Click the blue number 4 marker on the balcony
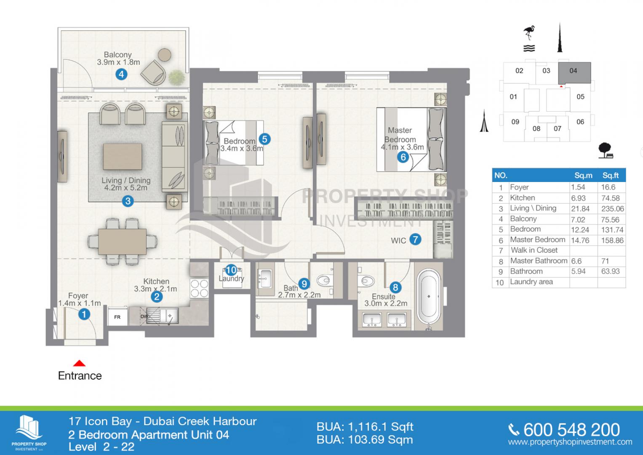click(x=121, y=75)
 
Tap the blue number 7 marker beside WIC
click(x=415, y=240)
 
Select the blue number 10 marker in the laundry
click(x=231, y=270)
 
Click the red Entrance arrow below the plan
click(x=80, y=364)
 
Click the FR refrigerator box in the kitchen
click(x=117, y=317)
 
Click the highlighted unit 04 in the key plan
click(x=574, y=72)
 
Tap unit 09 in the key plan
click(x=515, y=122)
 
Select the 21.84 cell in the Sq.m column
click(x=580, y=209)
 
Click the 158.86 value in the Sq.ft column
click(x=612, y=240)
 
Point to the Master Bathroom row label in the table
click(x=539, y=261)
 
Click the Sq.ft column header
click(x=610, y=175)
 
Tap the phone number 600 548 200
click(x=571, y=430)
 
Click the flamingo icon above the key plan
click(x=528, y=34)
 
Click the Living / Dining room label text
click(x=126, y=184)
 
